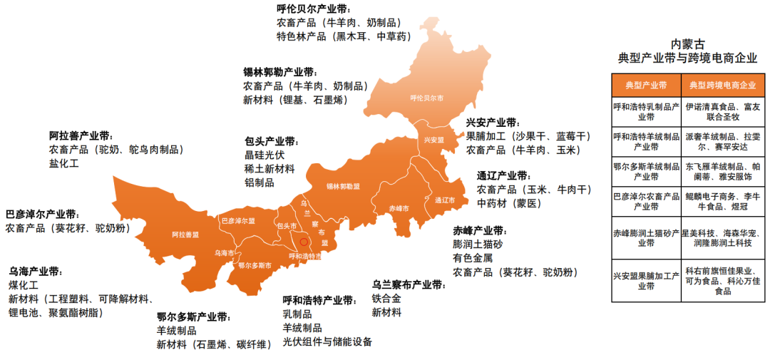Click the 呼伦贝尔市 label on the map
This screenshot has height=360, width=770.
pos(427,98)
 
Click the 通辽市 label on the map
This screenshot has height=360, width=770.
pos(446,200)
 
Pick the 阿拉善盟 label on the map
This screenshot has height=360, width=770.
pos(185,234)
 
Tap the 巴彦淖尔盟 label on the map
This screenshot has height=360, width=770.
pos(238,221)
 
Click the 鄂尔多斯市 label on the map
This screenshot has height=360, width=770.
pos(254,265)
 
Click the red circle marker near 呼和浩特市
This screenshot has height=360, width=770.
pos(302,243)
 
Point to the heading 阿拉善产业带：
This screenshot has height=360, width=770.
pos(81,135)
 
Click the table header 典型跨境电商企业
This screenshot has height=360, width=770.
pos(721,85)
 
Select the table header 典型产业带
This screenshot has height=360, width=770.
pos(646,85)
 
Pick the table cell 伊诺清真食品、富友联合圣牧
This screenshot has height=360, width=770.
pos(721,112)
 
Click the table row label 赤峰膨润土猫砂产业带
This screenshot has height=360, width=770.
pos(646,238)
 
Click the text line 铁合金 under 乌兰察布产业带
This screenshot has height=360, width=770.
pos(386,299)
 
